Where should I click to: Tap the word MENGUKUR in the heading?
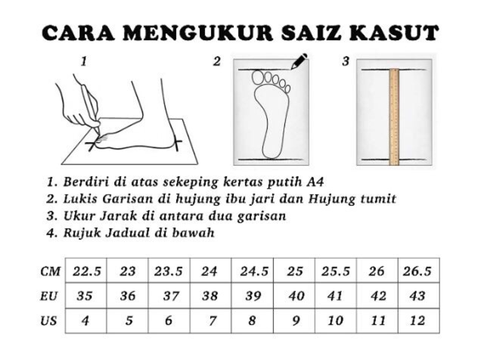(x=198, y=33)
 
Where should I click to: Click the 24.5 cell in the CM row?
(x=253, y=271)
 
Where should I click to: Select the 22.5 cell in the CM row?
(x=86, y=271)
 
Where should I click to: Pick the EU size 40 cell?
(x=294, y=296)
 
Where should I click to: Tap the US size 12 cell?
(x=419, y=321)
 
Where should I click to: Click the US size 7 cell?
(x=211, y=321)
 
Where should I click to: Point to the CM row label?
(x=50, y=271)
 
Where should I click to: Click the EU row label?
(x=49, y=296)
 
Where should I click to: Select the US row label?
(x=48, y=321)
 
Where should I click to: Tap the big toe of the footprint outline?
(x=258, y=77)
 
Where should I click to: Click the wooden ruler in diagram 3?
(x=394, y=116)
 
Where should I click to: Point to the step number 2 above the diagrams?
(x=217, y=61)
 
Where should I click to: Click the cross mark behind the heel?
(x=177, y=143)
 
